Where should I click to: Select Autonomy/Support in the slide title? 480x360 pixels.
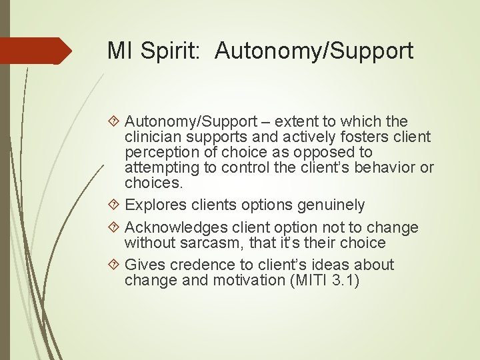pyautogui.click(x=314, y=51)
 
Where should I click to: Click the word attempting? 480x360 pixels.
pyautogui.click(x=157, y=167)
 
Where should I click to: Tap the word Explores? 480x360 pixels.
pyautogui.click(x=152, y=205)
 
